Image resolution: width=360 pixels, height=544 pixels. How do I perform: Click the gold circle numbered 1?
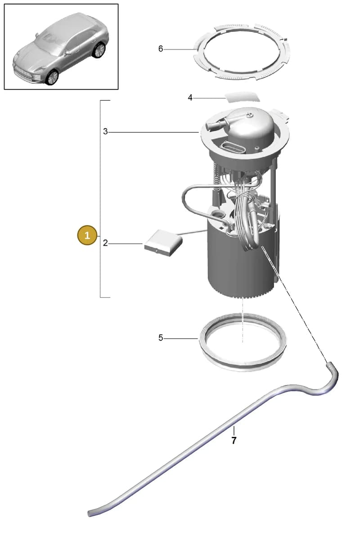87,235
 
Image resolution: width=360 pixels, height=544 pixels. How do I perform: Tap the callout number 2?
105,243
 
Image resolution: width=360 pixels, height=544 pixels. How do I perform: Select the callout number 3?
105,132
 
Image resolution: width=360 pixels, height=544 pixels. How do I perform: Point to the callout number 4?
190,98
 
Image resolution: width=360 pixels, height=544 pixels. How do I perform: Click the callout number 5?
161,338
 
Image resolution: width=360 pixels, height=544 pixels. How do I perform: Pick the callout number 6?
161,49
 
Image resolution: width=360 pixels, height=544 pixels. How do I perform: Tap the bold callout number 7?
234,441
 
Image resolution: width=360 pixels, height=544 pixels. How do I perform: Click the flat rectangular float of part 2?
163,243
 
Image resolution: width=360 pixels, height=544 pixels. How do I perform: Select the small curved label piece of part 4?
242,97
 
